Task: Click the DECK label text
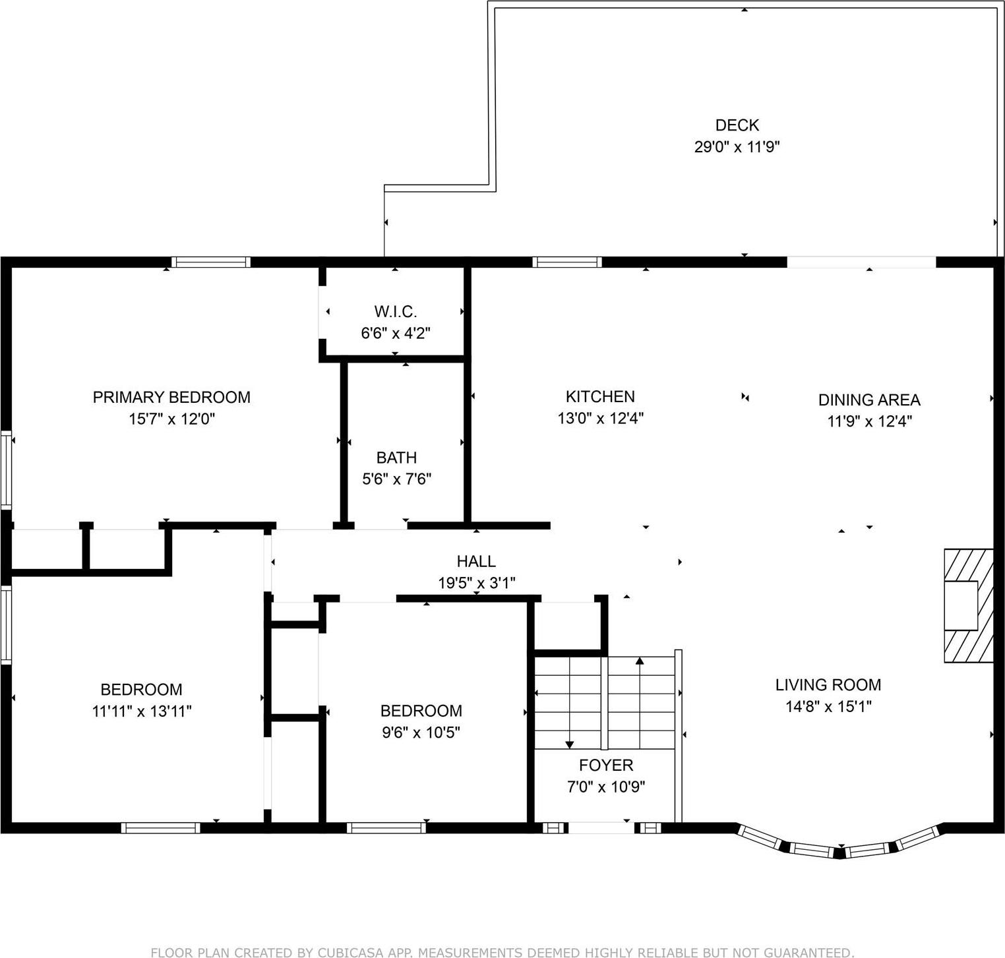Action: tap(737, 125)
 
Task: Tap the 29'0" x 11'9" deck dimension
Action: tap(737, 146)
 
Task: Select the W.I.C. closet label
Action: tap(396, 311)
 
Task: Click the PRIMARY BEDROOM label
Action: tap(171, 397)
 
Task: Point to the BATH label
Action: tap(396, 457)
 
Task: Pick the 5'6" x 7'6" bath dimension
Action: tap(396, 479)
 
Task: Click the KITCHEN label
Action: tap(600, 396)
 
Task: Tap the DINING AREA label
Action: tap(868, 400)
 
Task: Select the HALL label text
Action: tap(476, 561)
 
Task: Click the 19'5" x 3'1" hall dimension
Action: tap(476, 583)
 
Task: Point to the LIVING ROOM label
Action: tap(828, 684)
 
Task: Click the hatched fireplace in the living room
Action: tap(968, 605)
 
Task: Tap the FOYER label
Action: tap(605, 765)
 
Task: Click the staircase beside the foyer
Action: tap(604, 703)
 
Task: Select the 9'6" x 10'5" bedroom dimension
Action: tap(421, 733)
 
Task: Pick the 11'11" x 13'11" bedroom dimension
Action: tap(142, 711)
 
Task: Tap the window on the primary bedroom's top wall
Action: tap(211, 262)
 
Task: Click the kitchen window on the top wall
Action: tap(567, 262)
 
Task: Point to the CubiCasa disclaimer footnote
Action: tap(502, 952)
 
